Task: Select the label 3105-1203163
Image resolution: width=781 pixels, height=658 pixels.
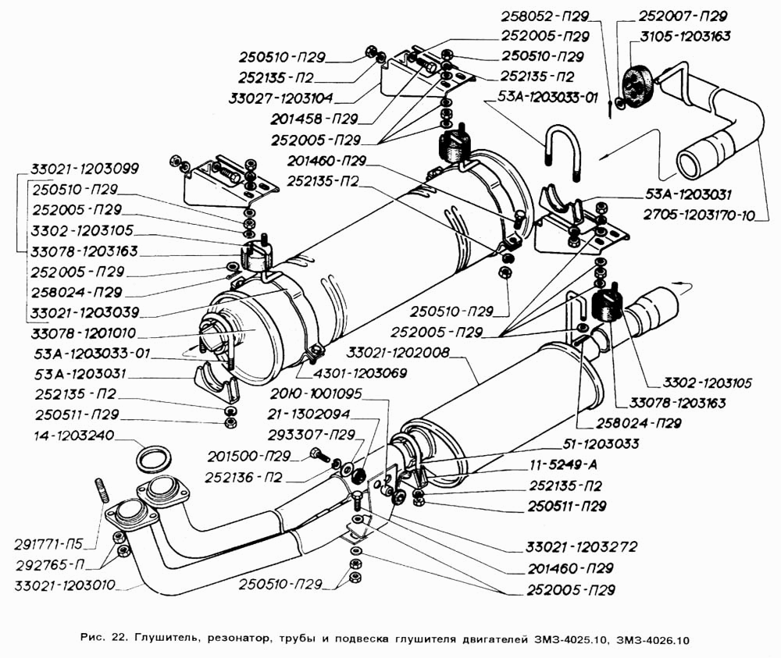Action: [684, 36]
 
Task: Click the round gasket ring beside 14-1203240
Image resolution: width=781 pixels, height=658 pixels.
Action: [150, 458]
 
